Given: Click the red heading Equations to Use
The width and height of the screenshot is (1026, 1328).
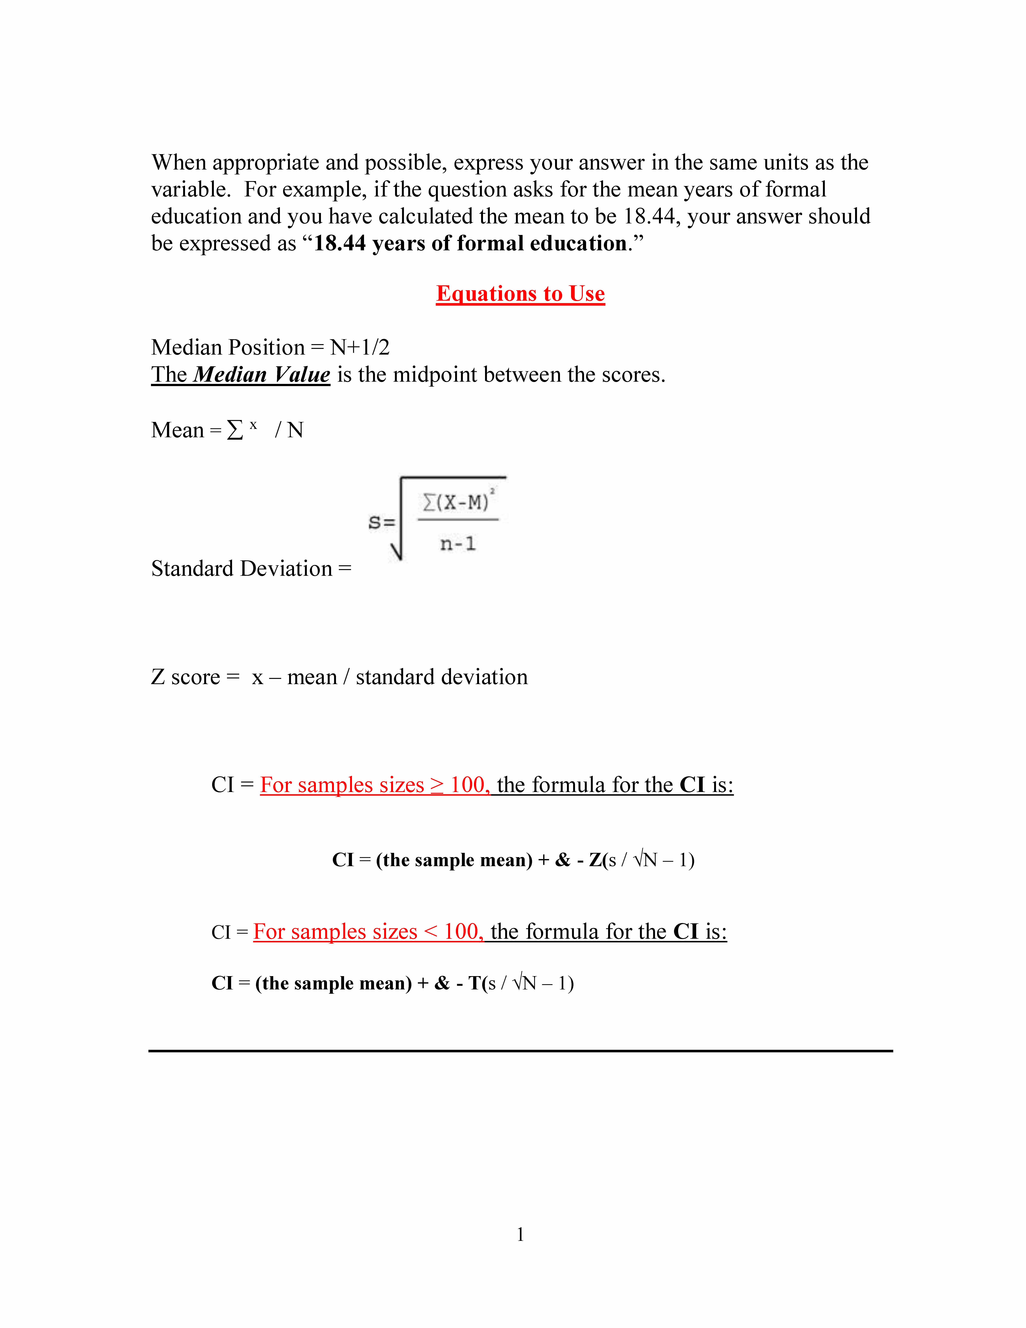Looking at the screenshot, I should click(x=520, y=294).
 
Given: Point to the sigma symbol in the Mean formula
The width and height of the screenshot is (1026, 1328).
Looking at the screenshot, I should click(x=235, y=430).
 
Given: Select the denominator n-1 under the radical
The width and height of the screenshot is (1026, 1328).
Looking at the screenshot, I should click(x=458, y=543).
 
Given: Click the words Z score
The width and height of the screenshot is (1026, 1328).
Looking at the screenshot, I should click(x=185, y=677).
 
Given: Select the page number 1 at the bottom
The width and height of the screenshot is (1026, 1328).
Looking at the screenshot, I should click(x=520, y=1234).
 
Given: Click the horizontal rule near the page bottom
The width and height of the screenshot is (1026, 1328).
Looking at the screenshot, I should click(x=520, y=1050).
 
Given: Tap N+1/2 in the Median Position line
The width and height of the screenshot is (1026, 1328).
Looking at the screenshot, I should click(x=360, y=347).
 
